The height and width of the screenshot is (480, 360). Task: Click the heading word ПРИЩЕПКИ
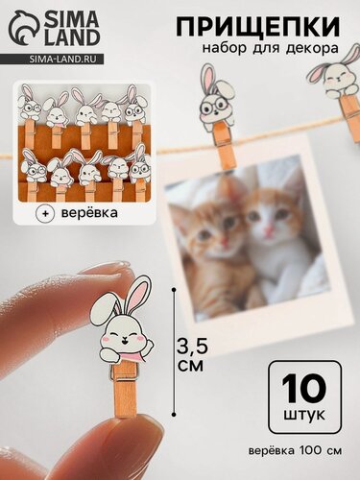coord(257,27)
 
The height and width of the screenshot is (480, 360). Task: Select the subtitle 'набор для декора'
coord(271,48)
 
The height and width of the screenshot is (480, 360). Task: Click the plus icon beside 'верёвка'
coord(45,214)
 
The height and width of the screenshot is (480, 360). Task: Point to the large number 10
coord(303,389)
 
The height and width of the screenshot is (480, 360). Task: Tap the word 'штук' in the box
coord(304,416)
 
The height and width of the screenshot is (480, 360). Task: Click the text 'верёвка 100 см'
coord(295,450)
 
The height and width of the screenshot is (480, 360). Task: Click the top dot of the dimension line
coord(174,290)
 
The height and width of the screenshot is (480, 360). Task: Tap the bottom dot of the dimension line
coord(174,415)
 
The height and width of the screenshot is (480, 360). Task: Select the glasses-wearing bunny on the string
coord(216,98)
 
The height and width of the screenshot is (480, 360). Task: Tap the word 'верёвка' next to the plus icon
coord(89,212)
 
